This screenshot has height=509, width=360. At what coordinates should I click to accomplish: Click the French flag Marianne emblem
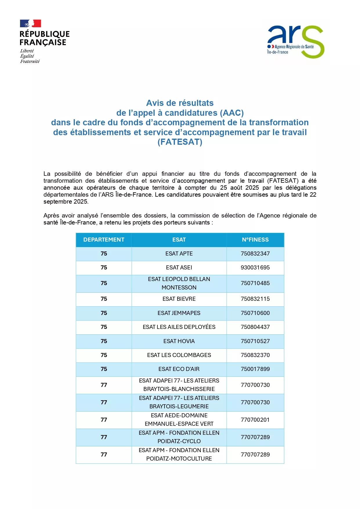(30, 23)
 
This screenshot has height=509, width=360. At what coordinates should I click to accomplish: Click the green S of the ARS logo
(312, 42)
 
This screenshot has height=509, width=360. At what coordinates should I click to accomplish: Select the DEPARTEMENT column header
(104, 240)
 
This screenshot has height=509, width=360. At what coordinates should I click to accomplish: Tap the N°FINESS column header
(255, 240)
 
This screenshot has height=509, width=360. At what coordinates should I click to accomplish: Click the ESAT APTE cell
(179, 254)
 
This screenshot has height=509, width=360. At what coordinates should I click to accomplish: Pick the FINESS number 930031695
(255, 268)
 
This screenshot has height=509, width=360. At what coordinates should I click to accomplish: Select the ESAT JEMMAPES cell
(179, 313)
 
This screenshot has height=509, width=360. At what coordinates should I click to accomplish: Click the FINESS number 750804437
(255, 327)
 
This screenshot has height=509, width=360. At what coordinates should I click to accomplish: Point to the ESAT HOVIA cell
(179, 341)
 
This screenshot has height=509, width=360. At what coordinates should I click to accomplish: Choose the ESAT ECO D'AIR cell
(179, 369)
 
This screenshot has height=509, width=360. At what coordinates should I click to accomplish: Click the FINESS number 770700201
(255, 420)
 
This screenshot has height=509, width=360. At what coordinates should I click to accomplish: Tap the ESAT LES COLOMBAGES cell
(179, 355)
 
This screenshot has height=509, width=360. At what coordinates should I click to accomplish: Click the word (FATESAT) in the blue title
(180, 142)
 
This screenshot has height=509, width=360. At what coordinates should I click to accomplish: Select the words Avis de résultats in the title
(180, 103)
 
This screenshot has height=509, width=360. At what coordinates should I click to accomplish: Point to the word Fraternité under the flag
(30, 61)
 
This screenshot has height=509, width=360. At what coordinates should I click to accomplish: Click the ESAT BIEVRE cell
(179, 299)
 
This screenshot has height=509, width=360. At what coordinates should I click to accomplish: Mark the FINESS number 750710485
(255, 283)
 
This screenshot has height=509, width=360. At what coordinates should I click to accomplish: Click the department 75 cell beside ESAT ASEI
(104, 268)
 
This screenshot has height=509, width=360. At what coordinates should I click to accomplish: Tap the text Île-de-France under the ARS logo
(278, 52)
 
